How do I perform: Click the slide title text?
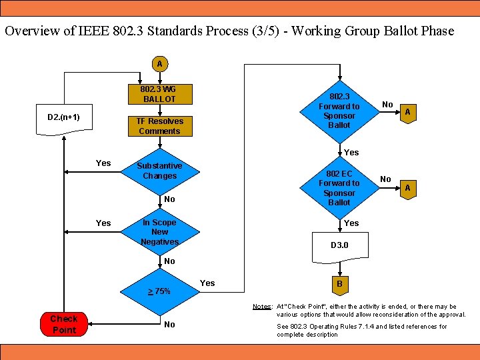(229, 31)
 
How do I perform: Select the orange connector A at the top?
(159, 64)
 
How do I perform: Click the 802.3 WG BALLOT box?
(159, 94)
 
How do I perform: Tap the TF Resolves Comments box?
(159, 126)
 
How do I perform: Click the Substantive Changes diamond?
(159, 171)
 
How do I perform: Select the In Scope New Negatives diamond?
(159, 232)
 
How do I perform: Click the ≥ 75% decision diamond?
(159, 291)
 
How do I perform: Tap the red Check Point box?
(64, 324)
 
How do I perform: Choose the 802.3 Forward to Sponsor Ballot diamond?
(339, 111)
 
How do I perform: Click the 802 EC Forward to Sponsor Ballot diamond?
(339, 187)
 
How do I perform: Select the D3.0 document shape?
(339, 247)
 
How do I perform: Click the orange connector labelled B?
(339, 283)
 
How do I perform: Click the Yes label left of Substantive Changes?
(103, 163)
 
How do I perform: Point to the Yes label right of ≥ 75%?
(207, 283)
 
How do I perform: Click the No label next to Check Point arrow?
(169, 325)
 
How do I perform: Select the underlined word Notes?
(261, 307)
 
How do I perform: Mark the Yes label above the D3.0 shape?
(351, 223)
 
